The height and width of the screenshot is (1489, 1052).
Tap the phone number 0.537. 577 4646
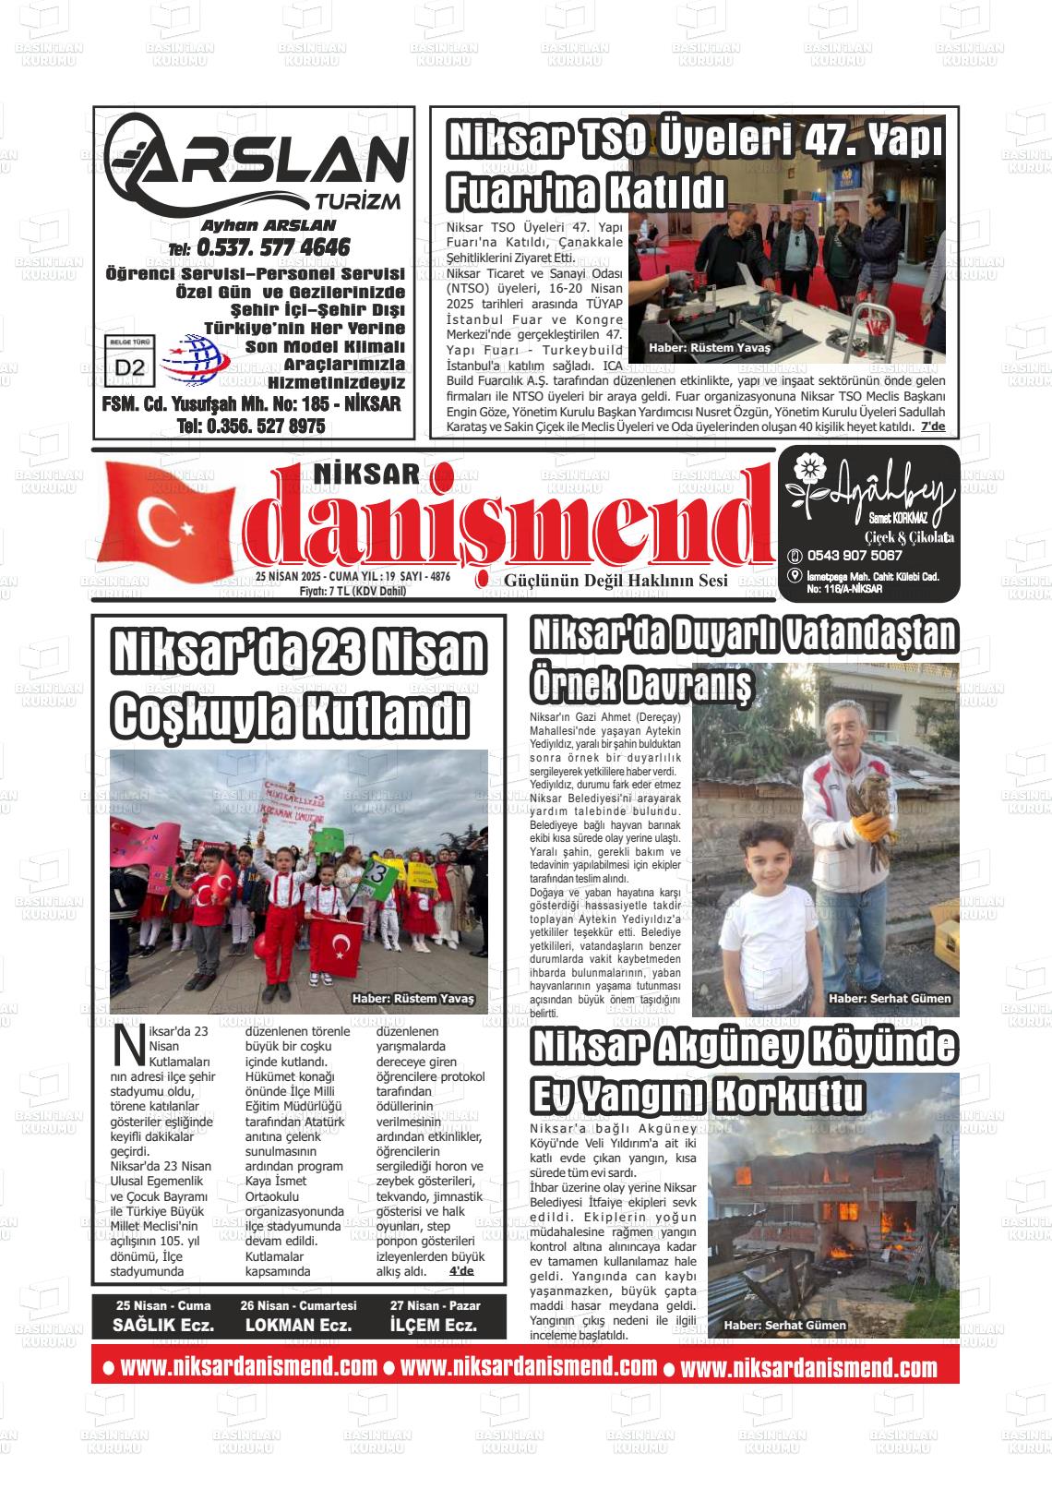pyautogui.click(x=272, y=247)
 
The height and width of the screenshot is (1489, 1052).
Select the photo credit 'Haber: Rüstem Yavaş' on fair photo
pyautogui.click(x=709, y=348)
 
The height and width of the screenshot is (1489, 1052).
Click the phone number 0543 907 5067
pyautogui.click(x=854, y=556)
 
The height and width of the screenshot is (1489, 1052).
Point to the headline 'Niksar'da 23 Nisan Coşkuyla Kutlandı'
pyautogui.click(x=297, y=681)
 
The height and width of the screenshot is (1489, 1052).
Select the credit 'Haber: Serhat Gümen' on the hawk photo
pyautogui.click(x=889, y=999)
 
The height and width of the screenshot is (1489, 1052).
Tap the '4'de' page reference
pyautogui.click(x=460, y=1271)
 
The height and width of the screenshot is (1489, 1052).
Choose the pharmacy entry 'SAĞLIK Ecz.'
pyautogui.click(x=163, y=1325)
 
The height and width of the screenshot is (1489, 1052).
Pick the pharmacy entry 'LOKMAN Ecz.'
pyautogui.click(x=298, y=1325)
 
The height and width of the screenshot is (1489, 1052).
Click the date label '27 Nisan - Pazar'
pyautogui.click(x=434, y=1305)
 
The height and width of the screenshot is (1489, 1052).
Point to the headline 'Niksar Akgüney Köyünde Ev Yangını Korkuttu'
pyautogui.click(x=744, y=1072)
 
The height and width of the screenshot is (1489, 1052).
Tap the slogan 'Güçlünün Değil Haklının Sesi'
pyautogui.click(x=616, y=581)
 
